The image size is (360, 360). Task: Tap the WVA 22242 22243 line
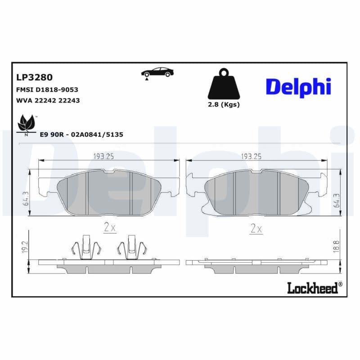pos(48,100)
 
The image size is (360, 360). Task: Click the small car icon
pos(157,72)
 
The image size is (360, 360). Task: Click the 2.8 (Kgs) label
pos(224,104)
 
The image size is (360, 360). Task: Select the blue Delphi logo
pos(298,86)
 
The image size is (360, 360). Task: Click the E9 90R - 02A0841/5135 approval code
pos(81,134)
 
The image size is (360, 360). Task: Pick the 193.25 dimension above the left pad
pos(103,156)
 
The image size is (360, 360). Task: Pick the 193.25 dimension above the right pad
pos(252,156)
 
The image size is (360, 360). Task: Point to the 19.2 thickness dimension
pos(26,246)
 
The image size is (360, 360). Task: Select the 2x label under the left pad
pos(109,228)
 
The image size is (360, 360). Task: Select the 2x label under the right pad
pos(256,228)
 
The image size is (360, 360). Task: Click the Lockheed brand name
pos(312,288)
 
